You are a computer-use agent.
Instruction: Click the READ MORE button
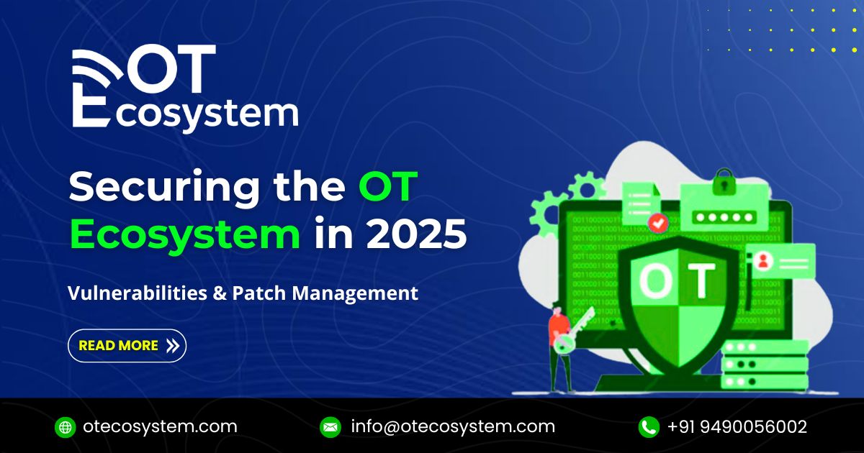click(x=127, y=345)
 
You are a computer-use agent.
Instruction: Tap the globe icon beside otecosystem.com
click(x=65, y=427)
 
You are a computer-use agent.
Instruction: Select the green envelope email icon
click(x=330, y=427)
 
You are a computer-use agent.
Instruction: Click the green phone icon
click(x=649, y=427)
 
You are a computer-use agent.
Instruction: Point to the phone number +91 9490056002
click(x=737, y=426)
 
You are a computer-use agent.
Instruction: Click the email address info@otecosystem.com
click(x=453, y=426)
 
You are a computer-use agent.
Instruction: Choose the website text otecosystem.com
click(x=160, y=426)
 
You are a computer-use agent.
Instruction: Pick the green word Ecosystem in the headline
click(x=184, y=235)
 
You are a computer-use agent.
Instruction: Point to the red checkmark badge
click(x=657, y=222)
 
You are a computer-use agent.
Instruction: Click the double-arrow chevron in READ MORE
click(x=172, y=345)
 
